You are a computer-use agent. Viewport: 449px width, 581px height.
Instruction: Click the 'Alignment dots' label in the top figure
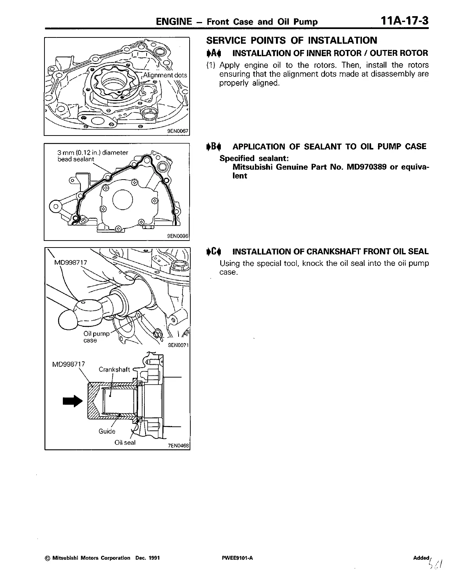pyautogui.click(x=165, y=75)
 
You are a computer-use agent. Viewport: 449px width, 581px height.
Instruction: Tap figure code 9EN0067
pyautogui.click(x=177, y=131)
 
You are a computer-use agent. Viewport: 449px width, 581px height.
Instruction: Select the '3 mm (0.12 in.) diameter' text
pyautogui.click(x=93, y=152)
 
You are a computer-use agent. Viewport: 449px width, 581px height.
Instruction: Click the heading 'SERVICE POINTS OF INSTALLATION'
pyautogui.click(x=292, y=40)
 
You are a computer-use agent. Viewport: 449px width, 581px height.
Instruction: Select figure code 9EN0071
pyautogui.click(x=178, y=345)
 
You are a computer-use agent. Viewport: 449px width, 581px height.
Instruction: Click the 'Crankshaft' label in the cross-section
pyautogui.click(x=114, y=369)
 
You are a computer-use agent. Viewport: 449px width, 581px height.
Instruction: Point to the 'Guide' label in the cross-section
pyautogui.click(x=107, y=431)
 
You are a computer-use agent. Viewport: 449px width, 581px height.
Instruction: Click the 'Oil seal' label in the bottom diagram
pyautogui.click(x=125, y=443)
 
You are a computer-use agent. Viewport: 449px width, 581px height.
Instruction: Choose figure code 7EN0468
pyautogui.click(x=178, y=445)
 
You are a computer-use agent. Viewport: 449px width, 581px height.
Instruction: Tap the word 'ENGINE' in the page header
pyautogui.click(x=174, y=21)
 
